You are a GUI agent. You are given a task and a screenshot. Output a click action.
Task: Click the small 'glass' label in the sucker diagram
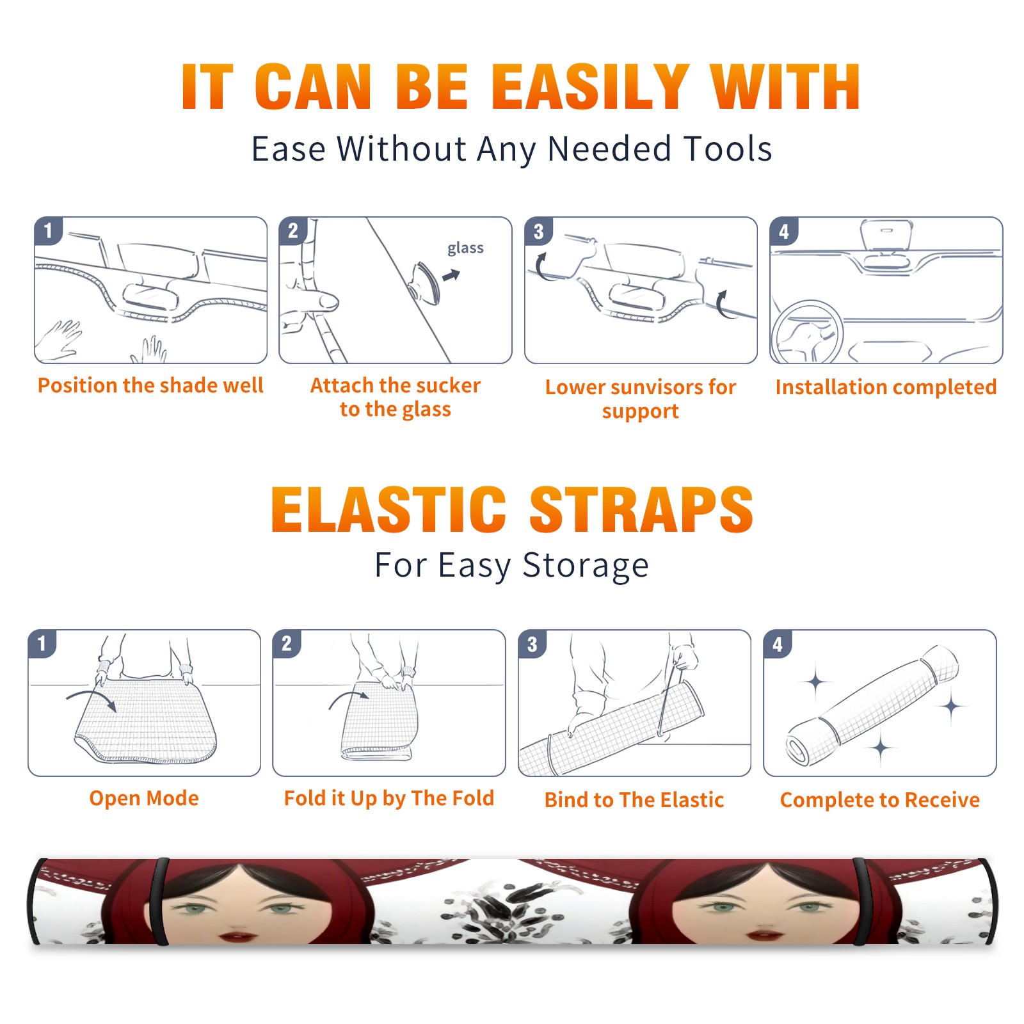(465, 248)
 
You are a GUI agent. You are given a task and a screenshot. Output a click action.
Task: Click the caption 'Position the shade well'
(150, 385)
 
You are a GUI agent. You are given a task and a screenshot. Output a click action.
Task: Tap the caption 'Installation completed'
(886, 387)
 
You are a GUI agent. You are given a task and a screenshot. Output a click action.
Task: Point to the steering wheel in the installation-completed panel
(807, 332)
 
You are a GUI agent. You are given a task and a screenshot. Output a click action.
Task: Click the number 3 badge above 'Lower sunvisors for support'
(539, 231)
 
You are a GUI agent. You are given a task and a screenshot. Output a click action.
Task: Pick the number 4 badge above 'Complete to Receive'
(778, 644)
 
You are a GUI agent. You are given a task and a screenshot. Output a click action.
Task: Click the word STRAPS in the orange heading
(641, 509)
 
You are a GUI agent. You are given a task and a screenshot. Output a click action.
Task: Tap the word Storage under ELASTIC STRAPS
(586, 565)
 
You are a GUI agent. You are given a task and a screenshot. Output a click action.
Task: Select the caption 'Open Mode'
(144, 798)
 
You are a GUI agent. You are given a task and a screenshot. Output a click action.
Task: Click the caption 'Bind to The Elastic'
(634, 800)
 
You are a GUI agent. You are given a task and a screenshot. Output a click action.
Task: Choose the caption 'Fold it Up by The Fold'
(389, 798)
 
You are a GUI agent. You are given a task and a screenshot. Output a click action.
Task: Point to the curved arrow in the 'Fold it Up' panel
(349, 696)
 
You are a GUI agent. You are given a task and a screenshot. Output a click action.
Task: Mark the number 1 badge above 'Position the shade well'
(49, 231)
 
